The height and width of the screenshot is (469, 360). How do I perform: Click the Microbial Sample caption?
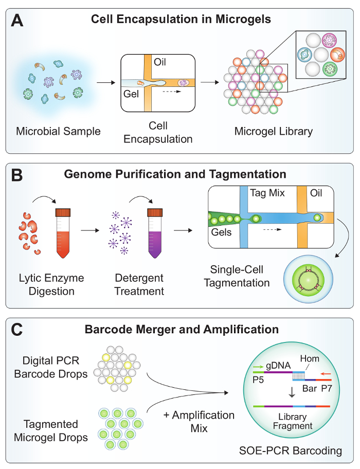tap(58, 131)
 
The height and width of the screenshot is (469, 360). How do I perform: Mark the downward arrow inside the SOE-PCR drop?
tap(292, 393)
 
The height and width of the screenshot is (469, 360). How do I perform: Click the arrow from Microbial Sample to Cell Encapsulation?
tap(105, 82)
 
